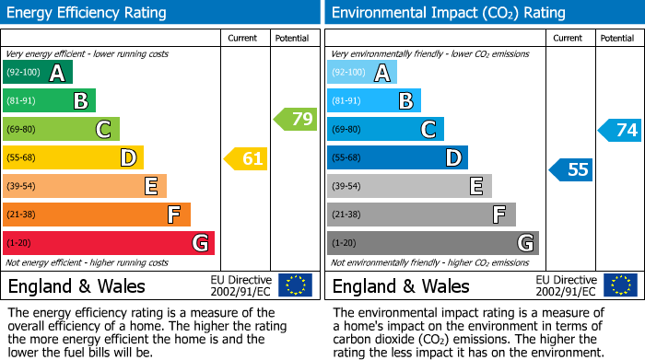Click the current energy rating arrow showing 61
247,158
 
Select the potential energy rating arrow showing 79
296,119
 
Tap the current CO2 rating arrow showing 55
572,169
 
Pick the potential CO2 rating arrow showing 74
621,130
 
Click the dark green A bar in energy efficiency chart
38,73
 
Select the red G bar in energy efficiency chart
109,243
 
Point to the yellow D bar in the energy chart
73,158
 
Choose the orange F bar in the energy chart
97,215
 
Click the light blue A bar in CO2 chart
362,73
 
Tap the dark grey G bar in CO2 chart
433,243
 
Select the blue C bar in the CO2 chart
385,130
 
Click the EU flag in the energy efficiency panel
295,285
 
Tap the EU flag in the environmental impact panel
620,285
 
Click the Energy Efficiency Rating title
88,13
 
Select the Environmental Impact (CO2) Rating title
447,13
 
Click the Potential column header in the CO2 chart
617,38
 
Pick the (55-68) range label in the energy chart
21,158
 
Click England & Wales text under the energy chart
76,286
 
